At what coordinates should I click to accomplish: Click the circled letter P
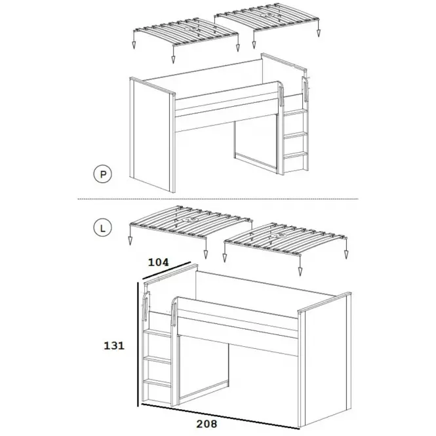(102, 174)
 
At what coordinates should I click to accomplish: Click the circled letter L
(102, 228)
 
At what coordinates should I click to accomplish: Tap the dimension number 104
(158, 262)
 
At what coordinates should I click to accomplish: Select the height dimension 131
(114, 346)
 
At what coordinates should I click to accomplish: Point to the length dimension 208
(207, 424)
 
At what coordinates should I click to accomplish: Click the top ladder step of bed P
(295, 112)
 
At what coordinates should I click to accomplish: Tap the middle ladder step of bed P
(295, 136)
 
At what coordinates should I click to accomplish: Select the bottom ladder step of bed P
(295, 155)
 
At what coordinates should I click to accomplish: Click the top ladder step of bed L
(157, 333)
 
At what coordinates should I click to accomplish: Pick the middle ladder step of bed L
(157, 359)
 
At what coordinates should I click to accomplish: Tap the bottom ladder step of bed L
(157, 382)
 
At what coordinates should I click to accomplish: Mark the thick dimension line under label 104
(167, 270)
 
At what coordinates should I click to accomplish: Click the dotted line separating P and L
(218, 199)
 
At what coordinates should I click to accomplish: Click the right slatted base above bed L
(287, 239)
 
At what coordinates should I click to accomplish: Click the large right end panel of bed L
(325, 360)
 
